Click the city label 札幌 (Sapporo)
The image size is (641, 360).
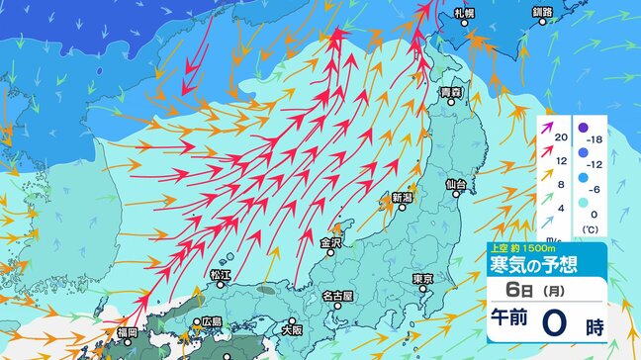(465, 14)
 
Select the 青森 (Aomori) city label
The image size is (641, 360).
(452, 92)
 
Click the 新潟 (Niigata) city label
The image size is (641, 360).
(402, 198)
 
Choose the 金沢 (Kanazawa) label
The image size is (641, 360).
(330, 241)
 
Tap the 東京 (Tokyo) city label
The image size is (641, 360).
(423, 279)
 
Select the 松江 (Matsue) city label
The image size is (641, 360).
(220, 273)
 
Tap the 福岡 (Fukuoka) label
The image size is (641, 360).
(126, 333)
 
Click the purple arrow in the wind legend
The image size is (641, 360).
(545, 126)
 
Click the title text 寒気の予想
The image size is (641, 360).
(535, 264)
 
